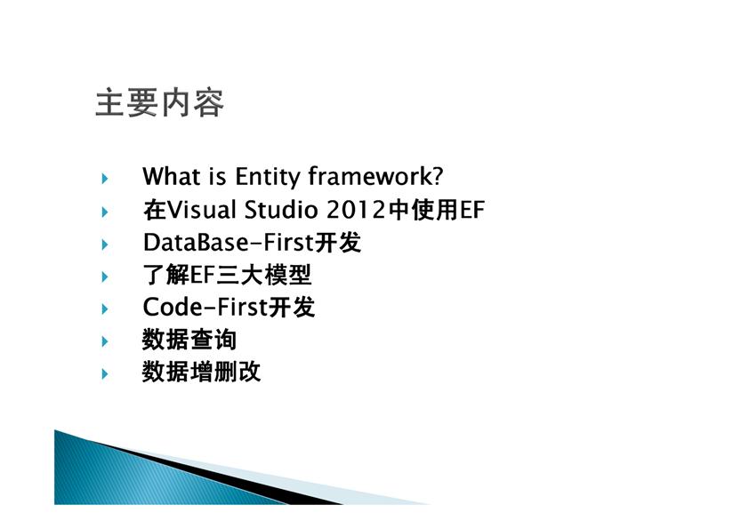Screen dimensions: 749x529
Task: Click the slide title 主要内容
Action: (159, 102)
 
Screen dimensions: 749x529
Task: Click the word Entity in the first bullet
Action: (267, 177)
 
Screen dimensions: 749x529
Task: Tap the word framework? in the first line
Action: (375, 176)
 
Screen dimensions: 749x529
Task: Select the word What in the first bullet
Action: (172, 176)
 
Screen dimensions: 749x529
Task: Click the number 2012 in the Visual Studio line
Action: (356, 210)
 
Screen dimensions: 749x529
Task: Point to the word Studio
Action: (281, 209)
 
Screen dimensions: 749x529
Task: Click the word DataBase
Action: (196, 242)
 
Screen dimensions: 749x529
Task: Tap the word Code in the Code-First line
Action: (173, 307)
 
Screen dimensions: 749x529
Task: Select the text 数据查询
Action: (189, 340)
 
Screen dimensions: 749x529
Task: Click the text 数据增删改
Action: (201, 372)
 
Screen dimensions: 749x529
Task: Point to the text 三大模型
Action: (263, 275)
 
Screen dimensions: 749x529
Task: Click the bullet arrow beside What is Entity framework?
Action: (105, 179)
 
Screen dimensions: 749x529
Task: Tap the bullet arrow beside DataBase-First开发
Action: (105, 244)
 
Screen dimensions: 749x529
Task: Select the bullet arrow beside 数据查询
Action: (105, 341)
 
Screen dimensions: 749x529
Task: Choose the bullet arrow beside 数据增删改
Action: (105, 373)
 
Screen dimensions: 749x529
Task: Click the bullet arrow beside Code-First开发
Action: (105, 309)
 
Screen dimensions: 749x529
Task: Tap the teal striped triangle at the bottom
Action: (119, 477)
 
